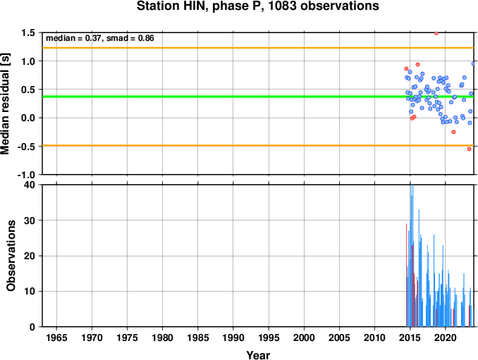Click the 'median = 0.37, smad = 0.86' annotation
[x=100, y=38]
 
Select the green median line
[x=258, y=97]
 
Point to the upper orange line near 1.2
[x=258, y=48]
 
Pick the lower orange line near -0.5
[x=258, y=146]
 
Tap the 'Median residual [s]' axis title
[x=6, y=104]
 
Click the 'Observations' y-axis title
[x=11, y=256]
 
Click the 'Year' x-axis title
[x=258, y=355]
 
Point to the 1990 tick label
[x=233, y=337]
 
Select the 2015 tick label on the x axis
[x=410, y=337]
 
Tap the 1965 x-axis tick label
[x=56, y=337]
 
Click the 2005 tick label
[x=339, y=337]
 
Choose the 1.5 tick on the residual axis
[x=28, y=32]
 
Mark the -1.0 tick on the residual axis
[x=26, y=175]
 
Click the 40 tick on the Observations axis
[x=30, y=185]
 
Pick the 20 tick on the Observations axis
[x=30, y=256]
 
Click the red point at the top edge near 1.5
[x=436, y=33]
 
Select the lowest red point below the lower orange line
[x=469, y=149]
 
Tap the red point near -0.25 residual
[x=453, y=132]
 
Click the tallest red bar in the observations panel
[x=406, y=275]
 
